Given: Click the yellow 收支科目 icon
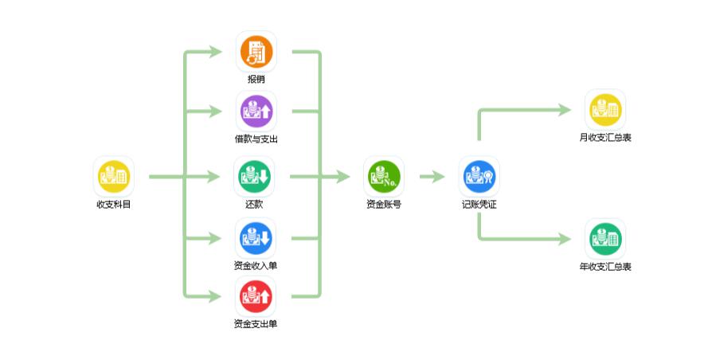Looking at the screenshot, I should [113, 176].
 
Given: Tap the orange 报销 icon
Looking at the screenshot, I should [256, 52].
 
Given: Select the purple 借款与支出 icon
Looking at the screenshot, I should [256, 112].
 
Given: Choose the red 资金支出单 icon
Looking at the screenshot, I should [256, 296].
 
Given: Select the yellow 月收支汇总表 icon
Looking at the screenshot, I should [605, 110].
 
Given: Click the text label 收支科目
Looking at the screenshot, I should [113, 205].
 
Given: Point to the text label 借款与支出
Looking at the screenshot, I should [256, 139].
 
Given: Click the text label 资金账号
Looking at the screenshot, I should [384, 205].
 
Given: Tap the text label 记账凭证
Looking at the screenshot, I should [479, 205].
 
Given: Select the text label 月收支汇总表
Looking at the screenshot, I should [605, 138].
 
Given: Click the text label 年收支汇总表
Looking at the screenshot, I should [605, 267].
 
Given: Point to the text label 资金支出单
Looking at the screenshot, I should [256, 324].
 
